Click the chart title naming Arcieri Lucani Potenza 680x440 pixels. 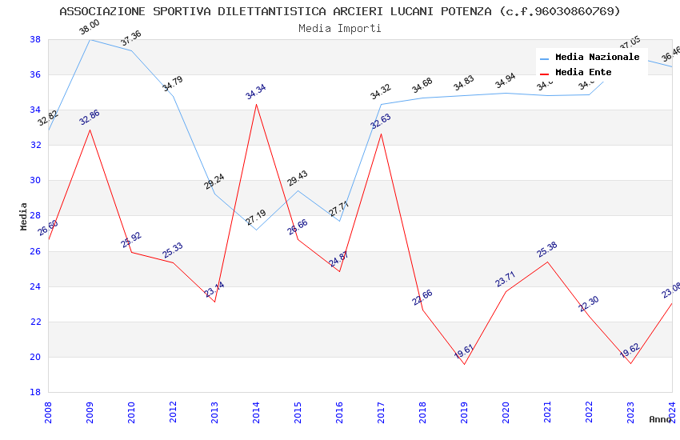coord(340,11)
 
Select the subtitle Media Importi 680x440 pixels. coord(340,28)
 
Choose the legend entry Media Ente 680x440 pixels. coord(583,72)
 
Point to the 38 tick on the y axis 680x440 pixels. coord(35,39)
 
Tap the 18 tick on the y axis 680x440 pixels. coord(35,392)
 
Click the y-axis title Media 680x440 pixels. coord(24,216)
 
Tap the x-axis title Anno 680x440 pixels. coord(660,419)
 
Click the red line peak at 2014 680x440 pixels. coord(256,104)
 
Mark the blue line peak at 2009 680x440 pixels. coord(90,39)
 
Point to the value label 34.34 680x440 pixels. coord(256,92)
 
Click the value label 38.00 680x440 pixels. coord(90,28)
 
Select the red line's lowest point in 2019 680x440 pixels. coord(464,364)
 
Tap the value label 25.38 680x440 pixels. coord(547,250)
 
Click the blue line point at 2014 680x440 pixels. coord(256,230)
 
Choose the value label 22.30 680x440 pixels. coord(589,304)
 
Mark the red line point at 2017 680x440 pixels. coord(381,134)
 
